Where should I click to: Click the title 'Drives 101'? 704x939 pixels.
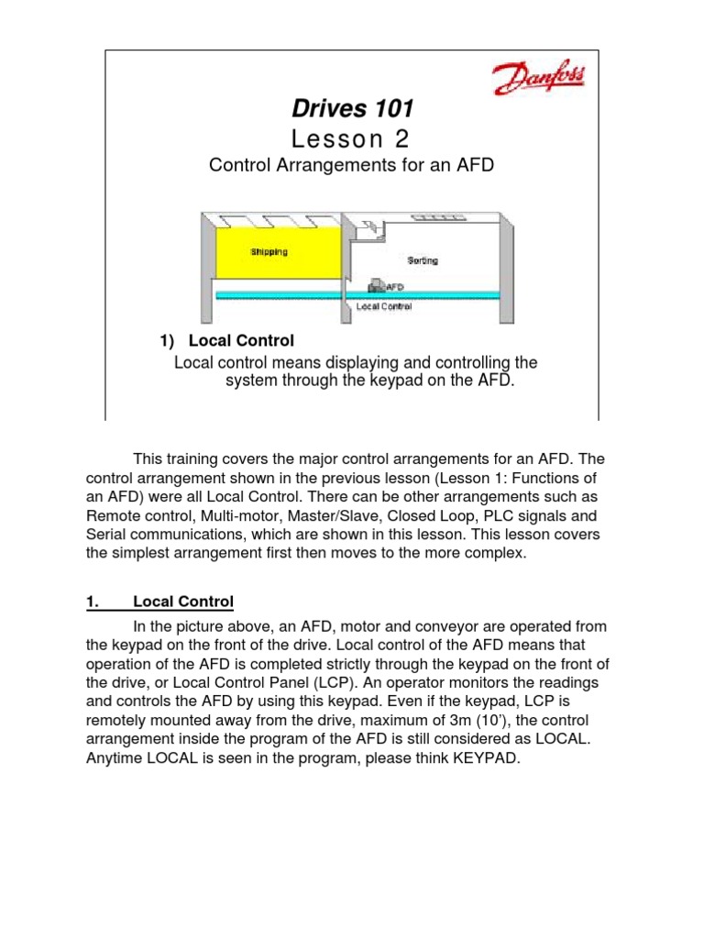(352, 109)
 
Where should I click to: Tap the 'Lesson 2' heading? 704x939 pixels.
(352, 138)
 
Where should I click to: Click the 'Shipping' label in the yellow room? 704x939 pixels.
(269, 250)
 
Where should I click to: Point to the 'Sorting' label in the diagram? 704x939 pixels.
(423, 260)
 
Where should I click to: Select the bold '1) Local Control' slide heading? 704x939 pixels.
(226, 341)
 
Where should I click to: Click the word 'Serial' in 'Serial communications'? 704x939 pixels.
(106, 536)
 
